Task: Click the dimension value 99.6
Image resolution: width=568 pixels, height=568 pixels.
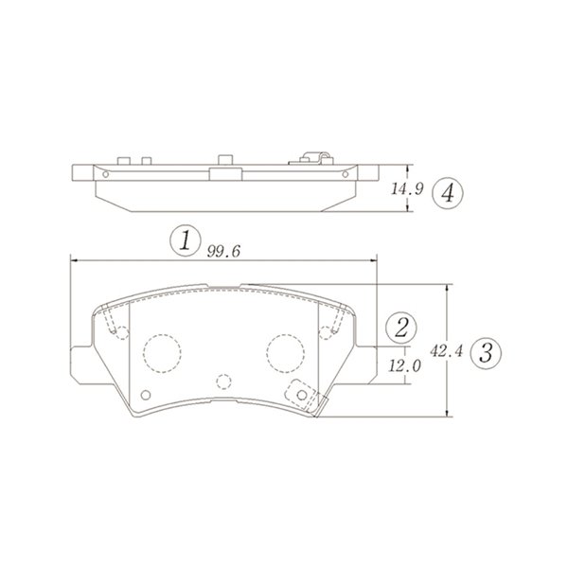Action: (223, 252)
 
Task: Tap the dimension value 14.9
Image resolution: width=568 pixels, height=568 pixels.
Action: (407, 188)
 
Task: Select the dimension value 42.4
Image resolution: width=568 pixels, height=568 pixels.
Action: (447, 350)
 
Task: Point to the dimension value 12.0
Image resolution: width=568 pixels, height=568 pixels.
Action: (404, 365)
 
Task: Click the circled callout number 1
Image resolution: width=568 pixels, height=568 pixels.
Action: (186, 240)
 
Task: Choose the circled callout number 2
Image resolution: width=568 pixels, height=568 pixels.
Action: (401, 328)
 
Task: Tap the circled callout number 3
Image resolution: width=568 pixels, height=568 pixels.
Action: (486, 353)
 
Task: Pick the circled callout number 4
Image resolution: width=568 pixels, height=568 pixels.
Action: (448, 193)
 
